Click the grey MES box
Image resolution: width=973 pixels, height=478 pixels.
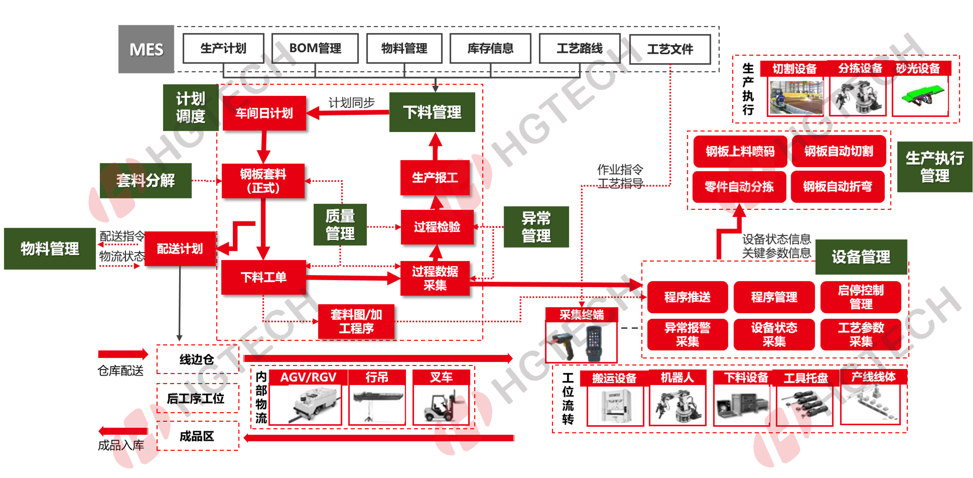tap(146, 49)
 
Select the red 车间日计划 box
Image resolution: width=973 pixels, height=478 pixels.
tap(264, 113)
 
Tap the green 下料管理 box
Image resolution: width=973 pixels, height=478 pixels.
tap(432, 112)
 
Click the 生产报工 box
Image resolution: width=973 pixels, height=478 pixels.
tap(435, 177)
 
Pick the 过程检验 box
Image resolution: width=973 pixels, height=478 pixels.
tap(437, 227)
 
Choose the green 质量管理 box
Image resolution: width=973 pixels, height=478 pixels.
tap(340, 224)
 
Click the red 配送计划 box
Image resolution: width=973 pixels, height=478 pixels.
tap(180, 249)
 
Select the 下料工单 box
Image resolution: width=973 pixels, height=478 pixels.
tap(263, 277)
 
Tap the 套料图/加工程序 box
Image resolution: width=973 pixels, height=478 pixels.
tap(356, 321)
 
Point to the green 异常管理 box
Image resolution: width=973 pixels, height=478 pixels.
tap(536, 227)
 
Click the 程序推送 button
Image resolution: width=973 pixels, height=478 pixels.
tap(687, 297)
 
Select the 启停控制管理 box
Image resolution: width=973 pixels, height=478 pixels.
tap(861, 297)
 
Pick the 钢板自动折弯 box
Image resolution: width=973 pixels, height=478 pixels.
tap(838, 187)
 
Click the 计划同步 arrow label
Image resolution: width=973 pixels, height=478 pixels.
tap(351, 102)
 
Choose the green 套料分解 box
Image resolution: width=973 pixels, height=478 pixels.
tap(146, 180)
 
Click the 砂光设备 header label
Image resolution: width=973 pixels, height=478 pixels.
tap(918, 68)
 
